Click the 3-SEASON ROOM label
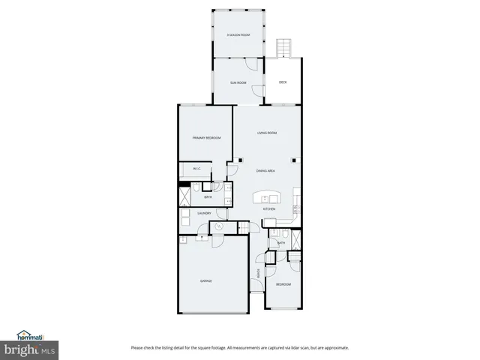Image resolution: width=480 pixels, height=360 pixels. pos(238,35)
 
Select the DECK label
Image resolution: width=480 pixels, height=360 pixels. pos(283,82)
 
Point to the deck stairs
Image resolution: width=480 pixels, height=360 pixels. pos(283,48)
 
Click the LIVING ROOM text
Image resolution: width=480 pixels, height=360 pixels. pos(267,133)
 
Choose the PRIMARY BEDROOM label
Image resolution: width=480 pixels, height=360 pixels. pos(206,139)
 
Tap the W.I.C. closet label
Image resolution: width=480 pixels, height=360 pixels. pos(196,169)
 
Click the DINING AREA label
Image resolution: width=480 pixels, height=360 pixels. pos(267,171)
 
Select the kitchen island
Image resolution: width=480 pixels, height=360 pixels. pos(267,198)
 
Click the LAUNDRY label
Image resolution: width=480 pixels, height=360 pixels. pos(204,214)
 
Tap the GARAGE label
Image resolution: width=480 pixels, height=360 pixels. pos(205,280)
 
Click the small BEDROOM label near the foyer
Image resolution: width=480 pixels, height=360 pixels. pos(283,284)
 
